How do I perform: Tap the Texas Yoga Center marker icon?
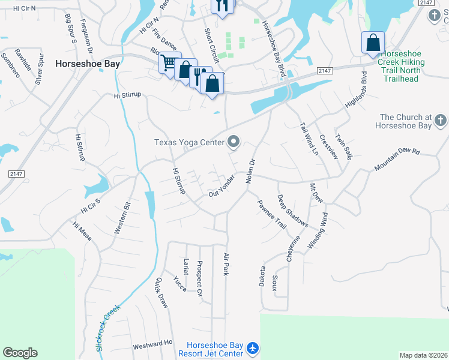pos(234,142)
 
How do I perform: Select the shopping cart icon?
pos(169,62)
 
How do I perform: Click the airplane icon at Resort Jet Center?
pos(253,347)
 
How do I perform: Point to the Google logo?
pos(20,353)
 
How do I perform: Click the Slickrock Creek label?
pos(107,328)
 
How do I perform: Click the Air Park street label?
pos(226,265)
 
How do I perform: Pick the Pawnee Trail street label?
pos(272,214)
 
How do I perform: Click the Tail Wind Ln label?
pos(309,139)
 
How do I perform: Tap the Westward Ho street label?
pos(152,345)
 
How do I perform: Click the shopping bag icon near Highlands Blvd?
pos(373,43)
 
